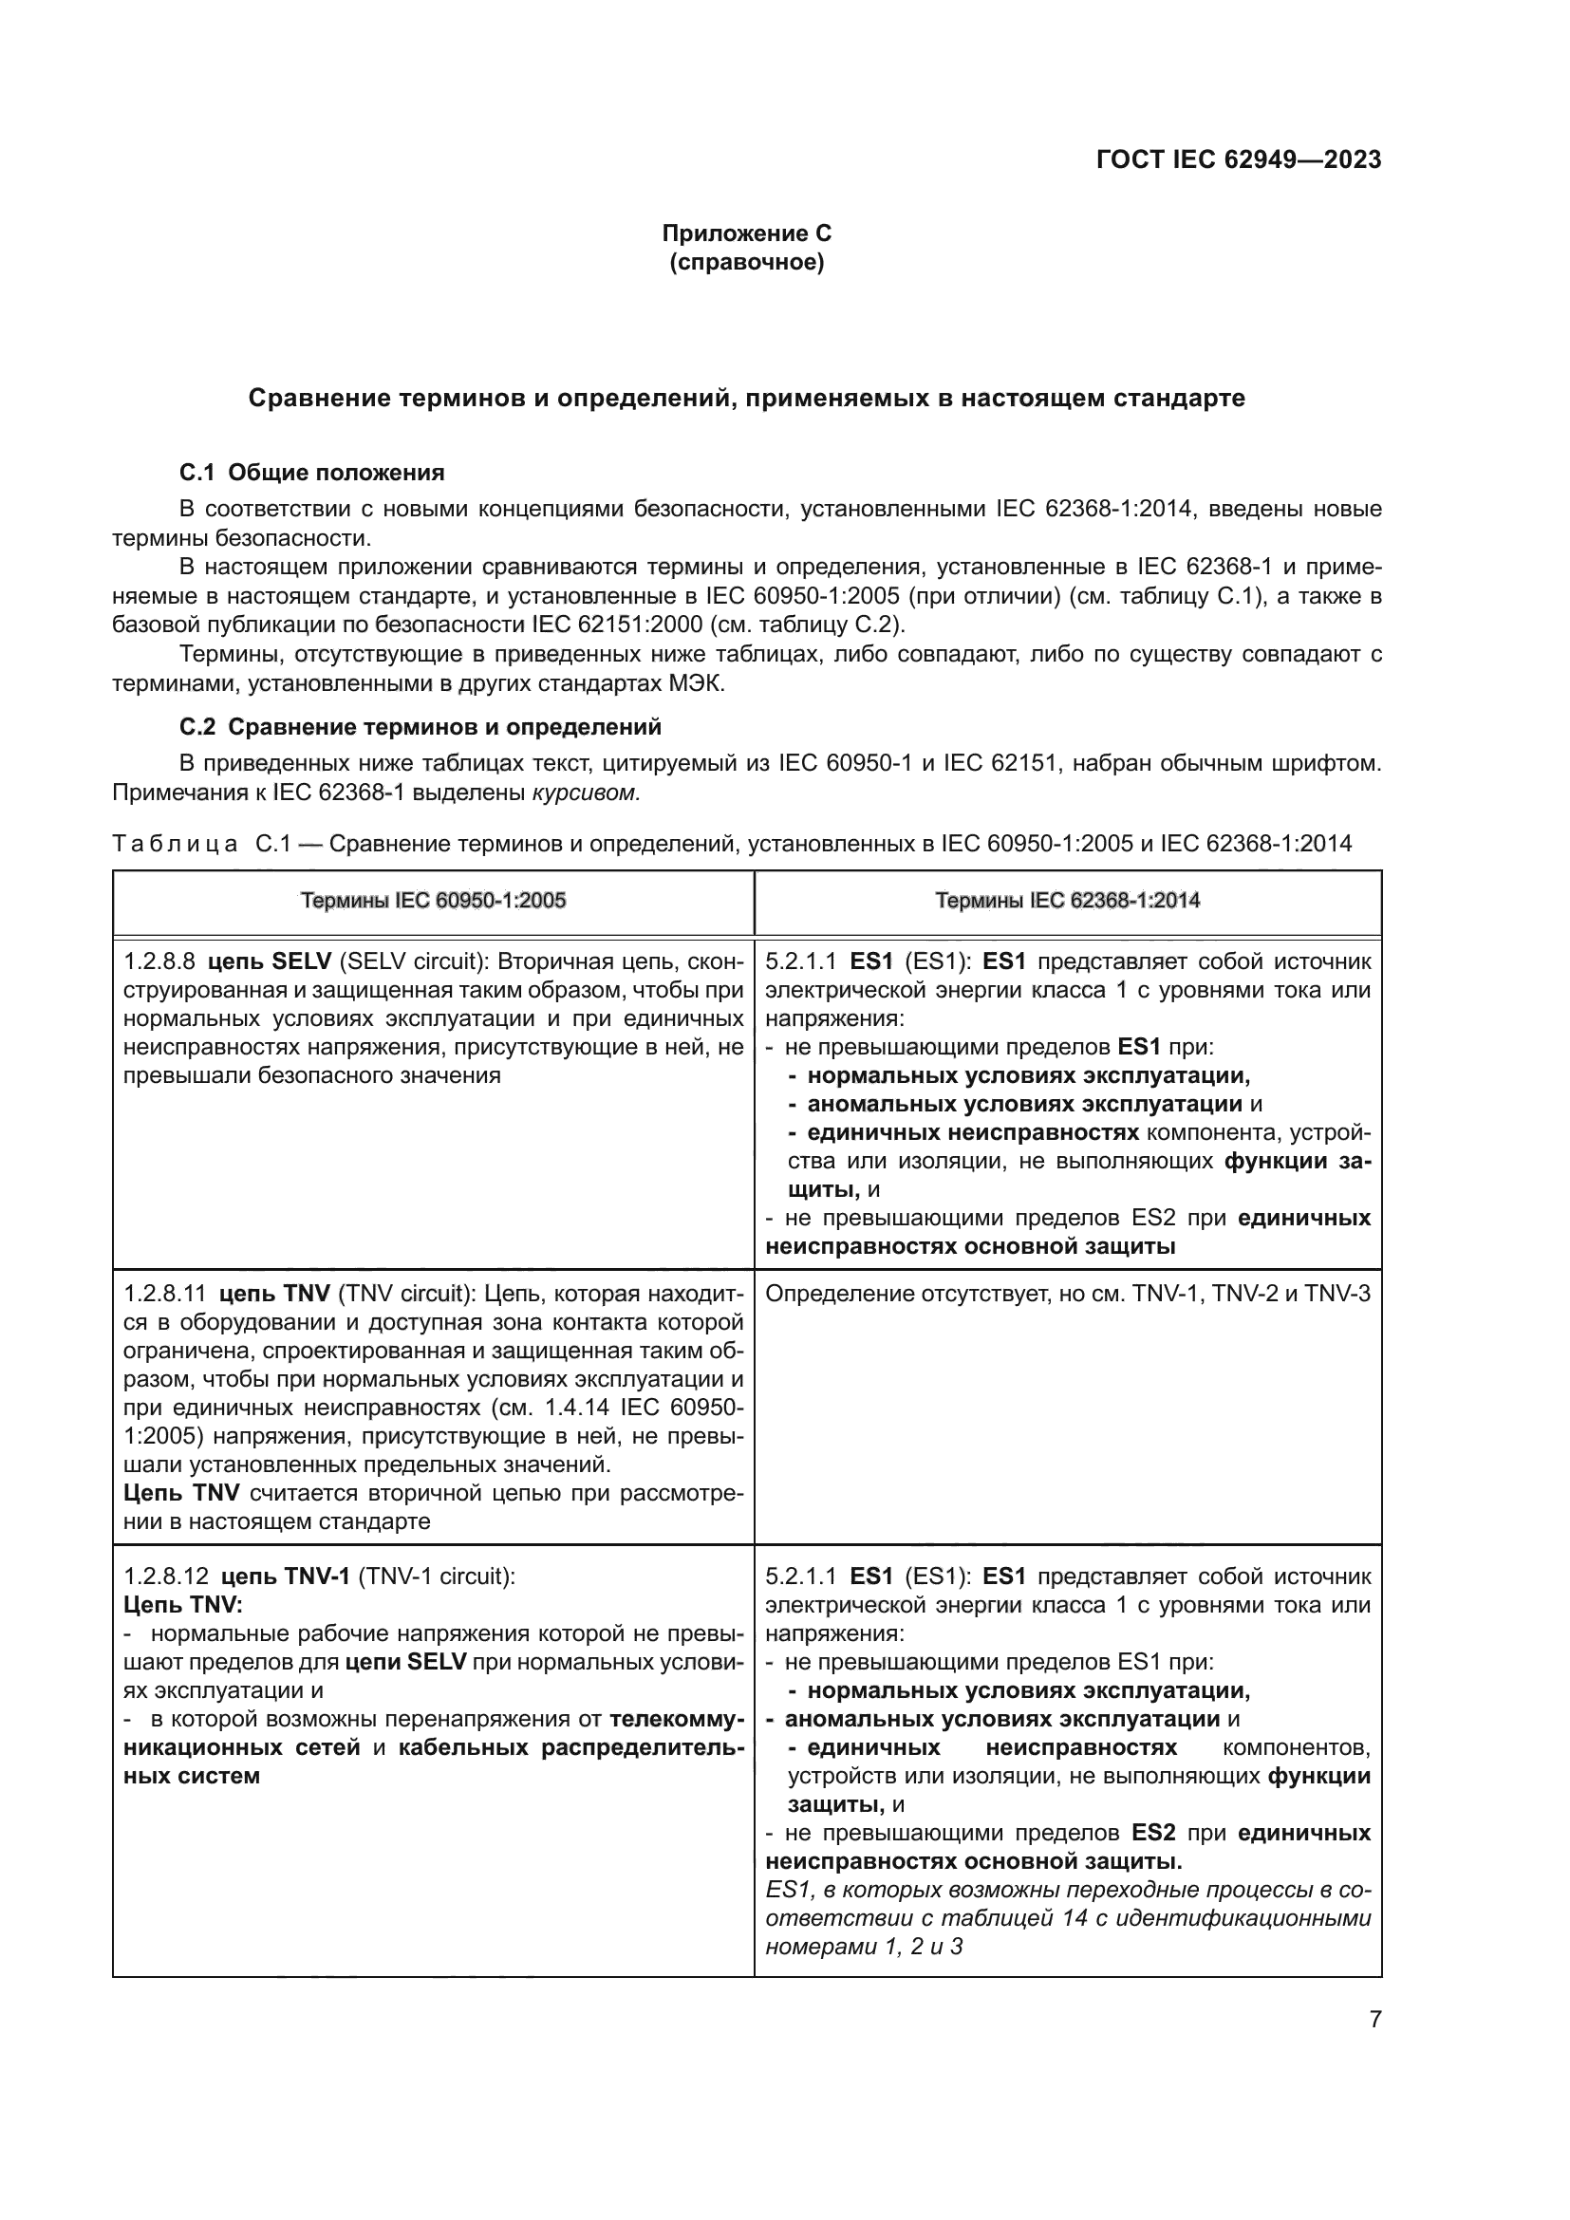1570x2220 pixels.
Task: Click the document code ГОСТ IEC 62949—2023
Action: [1239, 160]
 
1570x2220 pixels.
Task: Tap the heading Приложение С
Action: [746, 233]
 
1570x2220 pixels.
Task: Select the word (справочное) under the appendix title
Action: [746, 262]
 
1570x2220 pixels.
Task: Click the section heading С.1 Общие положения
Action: [311, 473]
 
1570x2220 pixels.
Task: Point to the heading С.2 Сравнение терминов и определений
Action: [420, 726]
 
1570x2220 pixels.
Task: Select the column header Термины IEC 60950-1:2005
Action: [432, 901]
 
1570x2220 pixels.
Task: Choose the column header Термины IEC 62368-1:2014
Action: [1067, 901]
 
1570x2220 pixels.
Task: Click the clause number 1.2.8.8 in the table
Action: [159, 961]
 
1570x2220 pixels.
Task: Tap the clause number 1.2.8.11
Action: [165, 1294]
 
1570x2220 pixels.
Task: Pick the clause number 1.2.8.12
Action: [165, 1577]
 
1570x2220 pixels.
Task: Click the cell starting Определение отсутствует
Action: [1067, 1294]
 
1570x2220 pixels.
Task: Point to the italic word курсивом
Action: [586, 793]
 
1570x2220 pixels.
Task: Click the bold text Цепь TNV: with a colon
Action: [184, 1605]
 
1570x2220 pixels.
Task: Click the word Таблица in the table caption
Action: [174, 844]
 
